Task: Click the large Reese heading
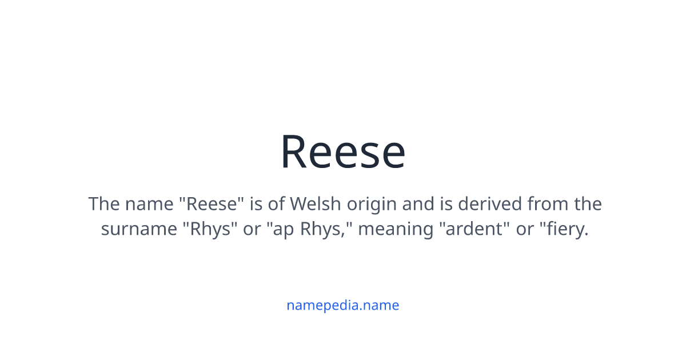click(x=342, y=152)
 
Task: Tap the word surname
click(x=139, y=229)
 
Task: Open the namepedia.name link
click(x=342, y=305)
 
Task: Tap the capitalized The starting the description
click(x=103, y=204)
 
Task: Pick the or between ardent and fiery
click(x=524, y=229)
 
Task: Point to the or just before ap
click(x=252, y=229)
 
